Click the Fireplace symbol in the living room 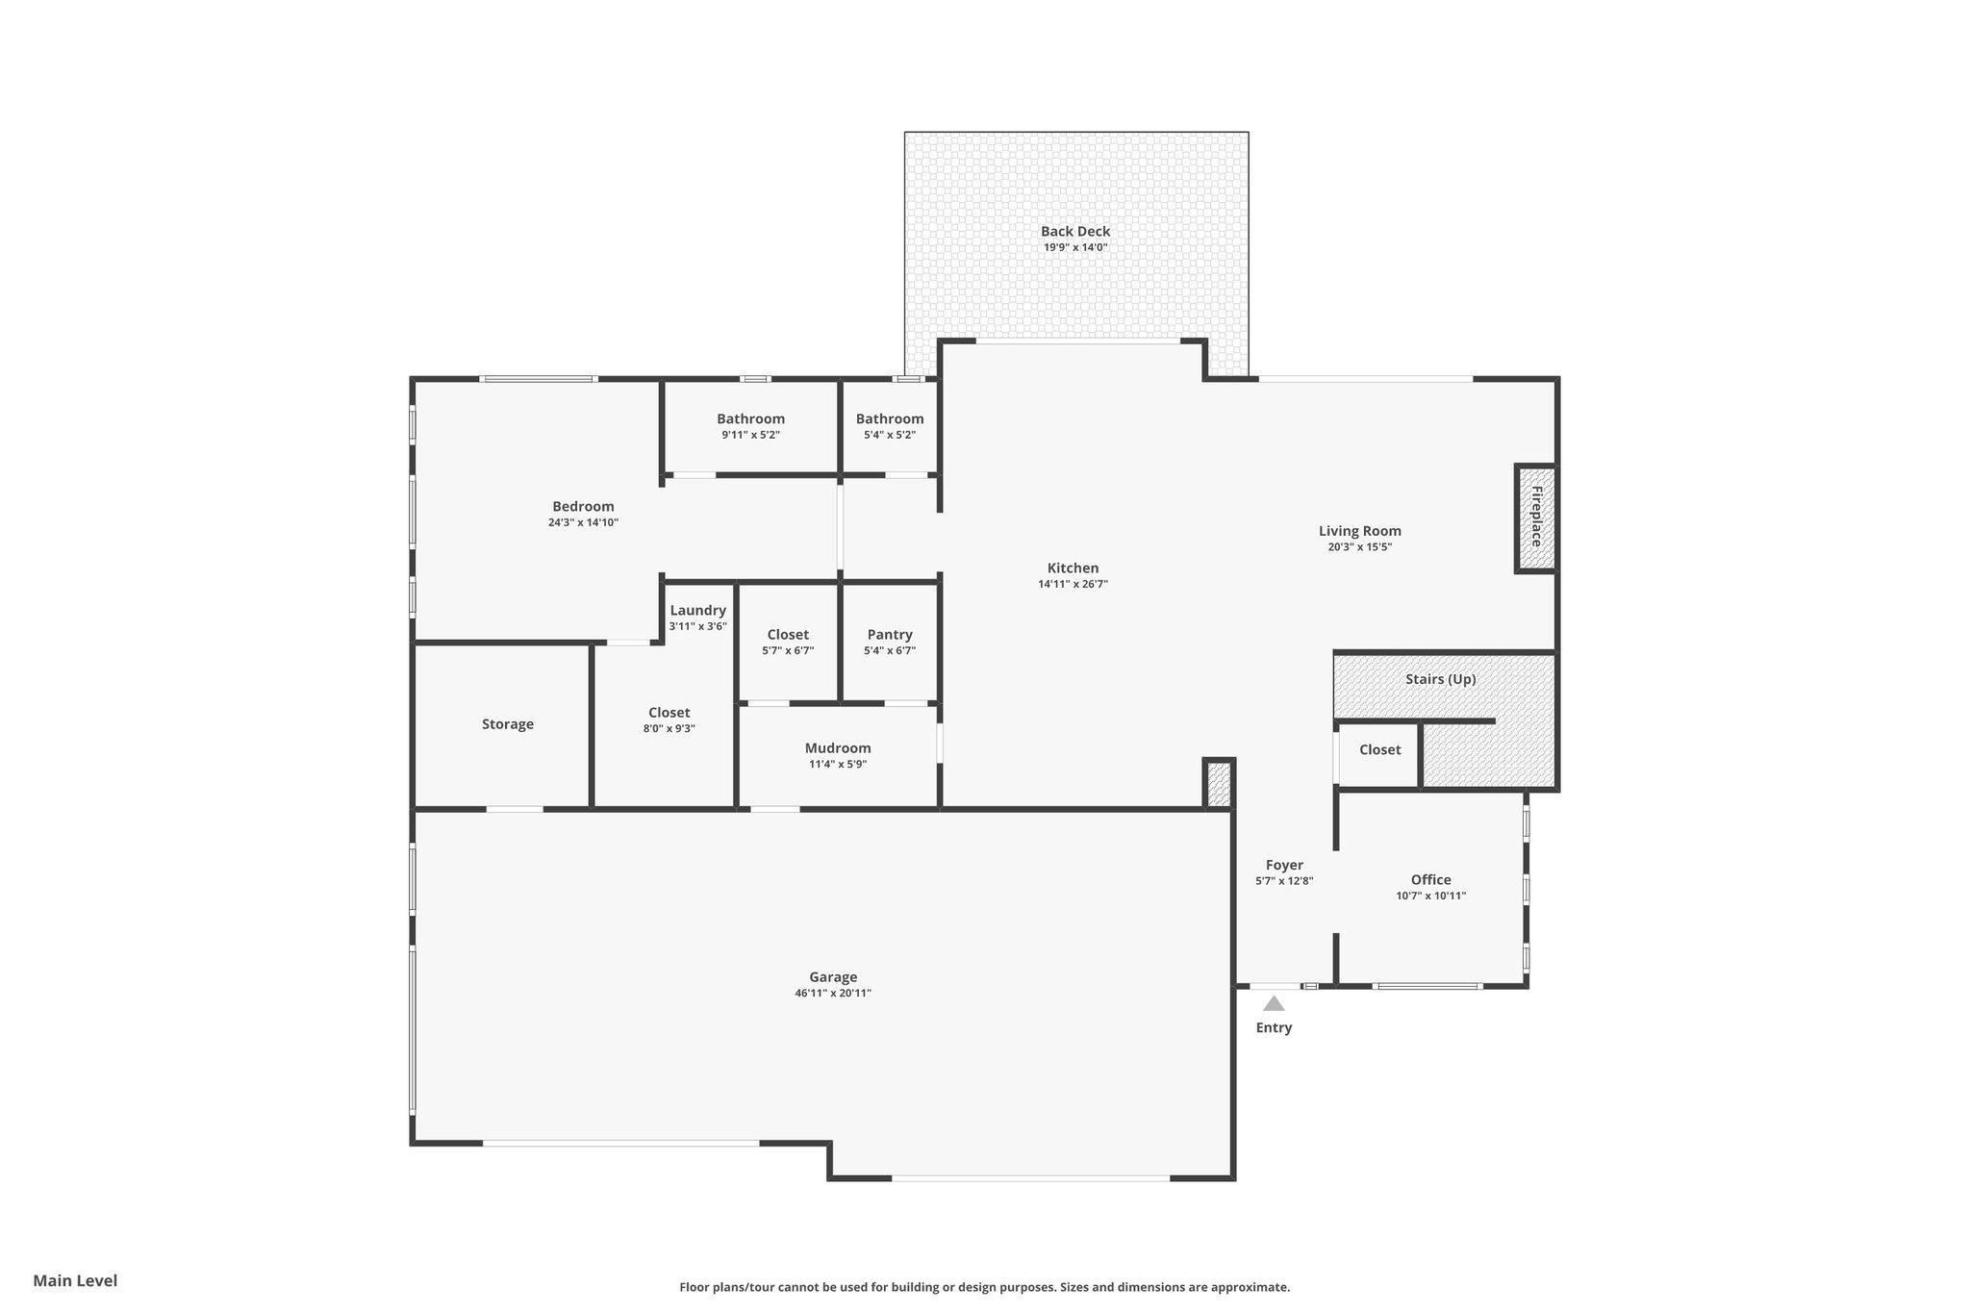(x=1536, y=518)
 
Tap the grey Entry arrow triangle (x=1274, y=1003)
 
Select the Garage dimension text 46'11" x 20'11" (x=833, y=994)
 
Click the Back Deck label (x=1075, y=231)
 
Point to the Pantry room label (x=890, y=635)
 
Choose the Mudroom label (x=838, y=748)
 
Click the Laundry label (x=698, y=610)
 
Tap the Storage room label (x=508, y=724)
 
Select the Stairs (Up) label (x=1441, y=679)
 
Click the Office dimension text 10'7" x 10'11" (x=1431, y=896)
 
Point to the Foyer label (x=1284, y=866)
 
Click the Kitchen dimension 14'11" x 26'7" (x=1073, y=584)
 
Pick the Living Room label (x=1360, y=531)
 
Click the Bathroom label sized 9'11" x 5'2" (x=751, y=418)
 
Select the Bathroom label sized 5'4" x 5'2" (x=890, y=418)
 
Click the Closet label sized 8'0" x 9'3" (x=669, y=713)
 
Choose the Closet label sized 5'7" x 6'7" (x=788, y=635)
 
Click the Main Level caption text (x=75, y=1280)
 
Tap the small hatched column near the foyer (x=1219, y=783)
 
